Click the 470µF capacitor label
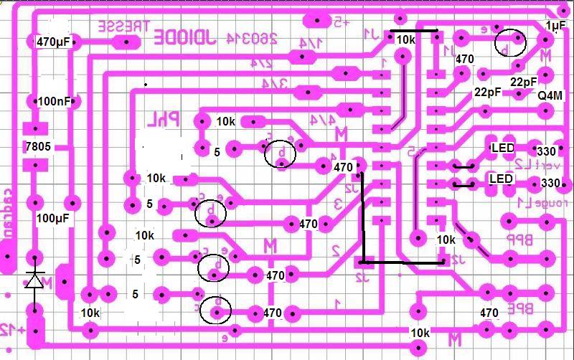pos(53,42)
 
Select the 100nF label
pos(54,101)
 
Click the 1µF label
pos(555,26)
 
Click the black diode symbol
pos(34,280)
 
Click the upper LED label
pos(502,148)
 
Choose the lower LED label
pos(500,179)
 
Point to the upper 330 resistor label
pos(547,151)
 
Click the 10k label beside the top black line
pos(406,39)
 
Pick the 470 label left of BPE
pos(489,313)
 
